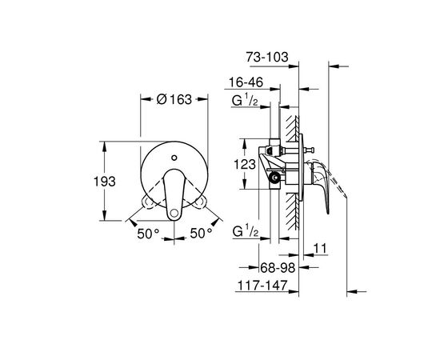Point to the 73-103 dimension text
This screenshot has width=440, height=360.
pyautogui.click(x=266, y=58)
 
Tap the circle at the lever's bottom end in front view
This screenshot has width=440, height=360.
pyautogui.click(x=176, y=214)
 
